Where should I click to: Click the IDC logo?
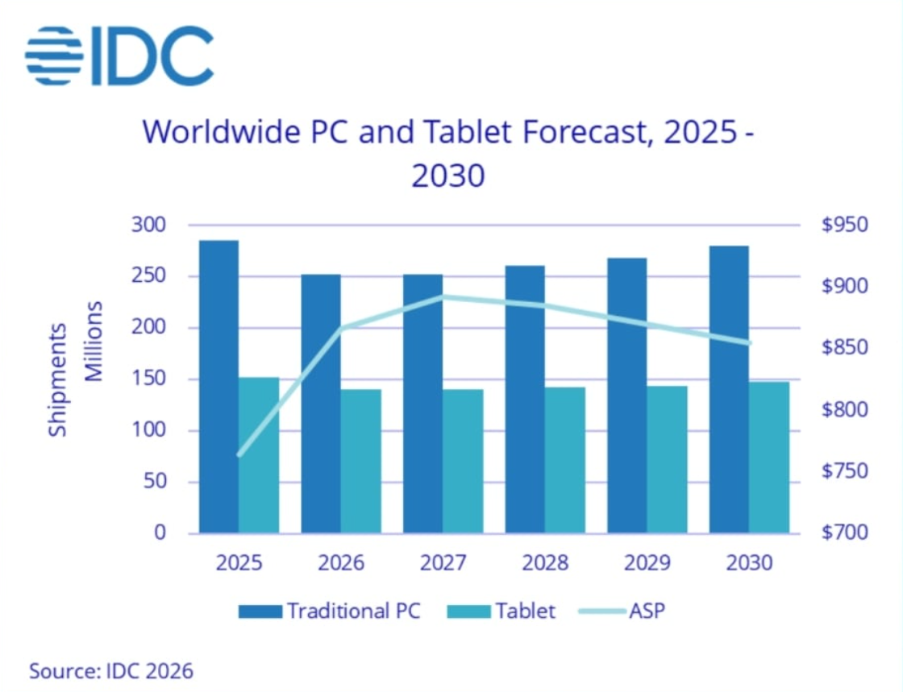coord(119,56)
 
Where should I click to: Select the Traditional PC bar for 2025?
coord(218,387)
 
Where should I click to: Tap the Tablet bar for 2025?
coord(259,455)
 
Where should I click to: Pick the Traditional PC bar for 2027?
coord(422,404)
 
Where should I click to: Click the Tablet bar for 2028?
coord(565,460)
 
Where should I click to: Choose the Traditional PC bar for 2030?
coord(729,389)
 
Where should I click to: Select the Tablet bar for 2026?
coord(361,462)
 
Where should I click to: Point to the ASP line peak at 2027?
coord(443,297)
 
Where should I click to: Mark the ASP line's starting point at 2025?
coord(239,455)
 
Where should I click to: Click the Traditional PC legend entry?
coord(330,611)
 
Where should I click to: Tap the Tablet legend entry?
coord(501,611)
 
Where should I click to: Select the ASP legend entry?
coord(622,611)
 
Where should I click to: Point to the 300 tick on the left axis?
coord(148,224)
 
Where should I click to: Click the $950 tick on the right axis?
coord(844,224)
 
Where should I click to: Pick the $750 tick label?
coord(844,471)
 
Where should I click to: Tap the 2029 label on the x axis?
coord(647,562)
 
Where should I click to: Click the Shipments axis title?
coord(57,380)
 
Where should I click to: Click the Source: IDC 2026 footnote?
coord(111,671)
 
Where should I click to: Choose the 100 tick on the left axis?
coord(148,430)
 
